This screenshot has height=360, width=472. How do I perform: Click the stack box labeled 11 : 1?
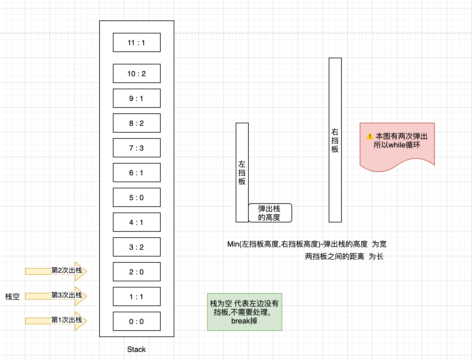pyautogui.click(x=136, y=42)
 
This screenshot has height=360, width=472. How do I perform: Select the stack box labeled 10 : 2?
pyautogui.click(x=136, y=73)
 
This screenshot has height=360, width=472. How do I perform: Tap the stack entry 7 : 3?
pyautogui.click(x=136, y=148)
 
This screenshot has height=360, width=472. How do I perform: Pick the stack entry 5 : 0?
pyautogui.click(x=136, y=197)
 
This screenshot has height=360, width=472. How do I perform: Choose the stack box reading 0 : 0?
pyautogui.click(x=136, y=321)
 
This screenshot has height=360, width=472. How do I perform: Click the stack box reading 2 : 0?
pyautogui.click(x=136, y=272)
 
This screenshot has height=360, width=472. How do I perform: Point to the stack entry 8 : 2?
pyautogui.click(x=136, y=123)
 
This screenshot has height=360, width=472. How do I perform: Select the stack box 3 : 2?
pyautogui.click(x=136, y=247)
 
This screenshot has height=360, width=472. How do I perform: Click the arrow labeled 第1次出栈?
pyautogui.click(x=56, y=321)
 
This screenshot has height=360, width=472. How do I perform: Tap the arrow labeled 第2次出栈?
pyautogui.click(x=56, y=271)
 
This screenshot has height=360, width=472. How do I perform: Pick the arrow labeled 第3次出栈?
pyautogui.click(x=56, y=296)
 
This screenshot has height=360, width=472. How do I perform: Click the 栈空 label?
pyautogui.click(x=12, y=296)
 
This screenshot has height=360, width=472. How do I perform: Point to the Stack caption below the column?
pyautogui.click(x=136, y=349)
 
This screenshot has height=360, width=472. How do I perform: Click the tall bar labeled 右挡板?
pyautogui.click(x=335, y=140)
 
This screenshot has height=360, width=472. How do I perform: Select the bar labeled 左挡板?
pyautogui.click(x=242, y=173)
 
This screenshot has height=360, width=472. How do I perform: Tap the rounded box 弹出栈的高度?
pyautogui.click(x=270, y=213)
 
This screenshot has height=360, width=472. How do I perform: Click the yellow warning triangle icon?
pyautogui.click(x=370, y=136)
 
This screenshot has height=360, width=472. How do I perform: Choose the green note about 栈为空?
pyautogui.click(x=244, y=312)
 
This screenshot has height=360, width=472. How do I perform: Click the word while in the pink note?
pyautogui.click(x=397, y=145)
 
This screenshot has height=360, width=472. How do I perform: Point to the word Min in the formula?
pyautogui.click(x=233, y=244)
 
